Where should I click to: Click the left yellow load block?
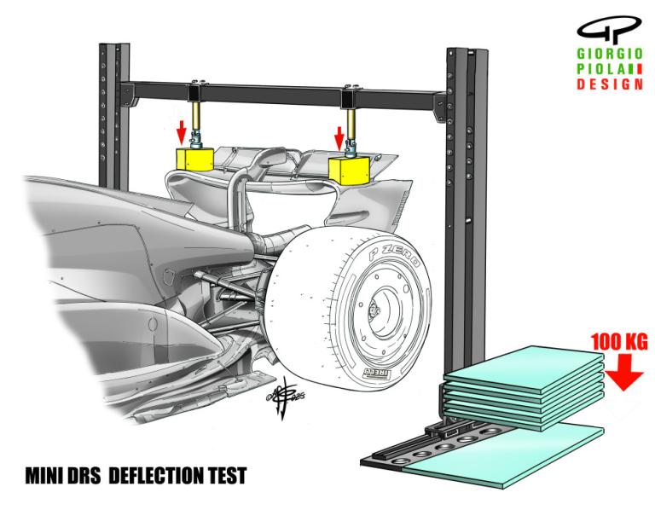coord(194,159)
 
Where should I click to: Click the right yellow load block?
coord(349,171)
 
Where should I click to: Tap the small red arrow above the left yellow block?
coord(181,132)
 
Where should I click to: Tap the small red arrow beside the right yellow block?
coord(339,138)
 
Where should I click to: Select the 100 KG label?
coord(619,342)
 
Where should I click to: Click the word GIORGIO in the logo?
coord(610,54)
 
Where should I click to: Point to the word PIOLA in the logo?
coord(602,69)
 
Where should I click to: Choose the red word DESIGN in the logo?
coord(610,84)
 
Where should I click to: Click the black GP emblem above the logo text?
coord(610,30)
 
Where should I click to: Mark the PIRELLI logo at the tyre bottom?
coord(378,373)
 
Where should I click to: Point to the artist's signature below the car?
coord(285,396)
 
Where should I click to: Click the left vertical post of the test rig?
coord(113,116)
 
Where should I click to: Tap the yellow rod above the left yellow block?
coord(195,116)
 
